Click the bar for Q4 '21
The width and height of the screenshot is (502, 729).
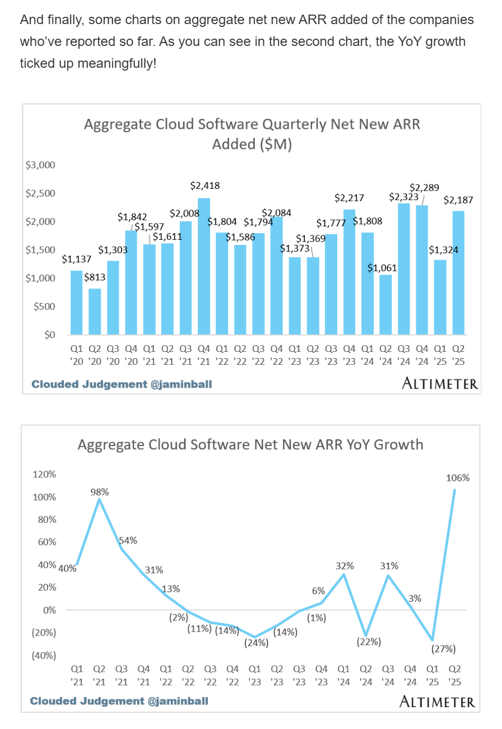(x=204, y=266)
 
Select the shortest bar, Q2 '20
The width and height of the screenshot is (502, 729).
(x=95, y=312)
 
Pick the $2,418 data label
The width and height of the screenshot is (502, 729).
(x=204, y=185)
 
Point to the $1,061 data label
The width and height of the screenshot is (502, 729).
(x=382, y=268)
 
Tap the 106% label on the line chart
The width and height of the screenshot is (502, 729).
(x=458, y=478)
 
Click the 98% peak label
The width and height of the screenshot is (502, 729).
(x=100, y=492)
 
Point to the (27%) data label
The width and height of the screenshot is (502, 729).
(x=444, y=649)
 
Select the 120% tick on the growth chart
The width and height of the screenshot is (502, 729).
(x=45, y=474)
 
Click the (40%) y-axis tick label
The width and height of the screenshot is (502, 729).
(x=43, y=656)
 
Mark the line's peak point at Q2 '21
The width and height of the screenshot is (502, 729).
(x=99, y=499)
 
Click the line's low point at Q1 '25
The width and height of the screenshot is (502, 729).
(x=432, y=639)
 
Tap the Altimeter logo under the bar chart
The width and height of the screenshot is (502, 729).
(x=440, y=384)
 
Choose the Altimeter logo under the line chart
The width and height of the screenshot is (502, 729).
(x=437, y=701)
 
